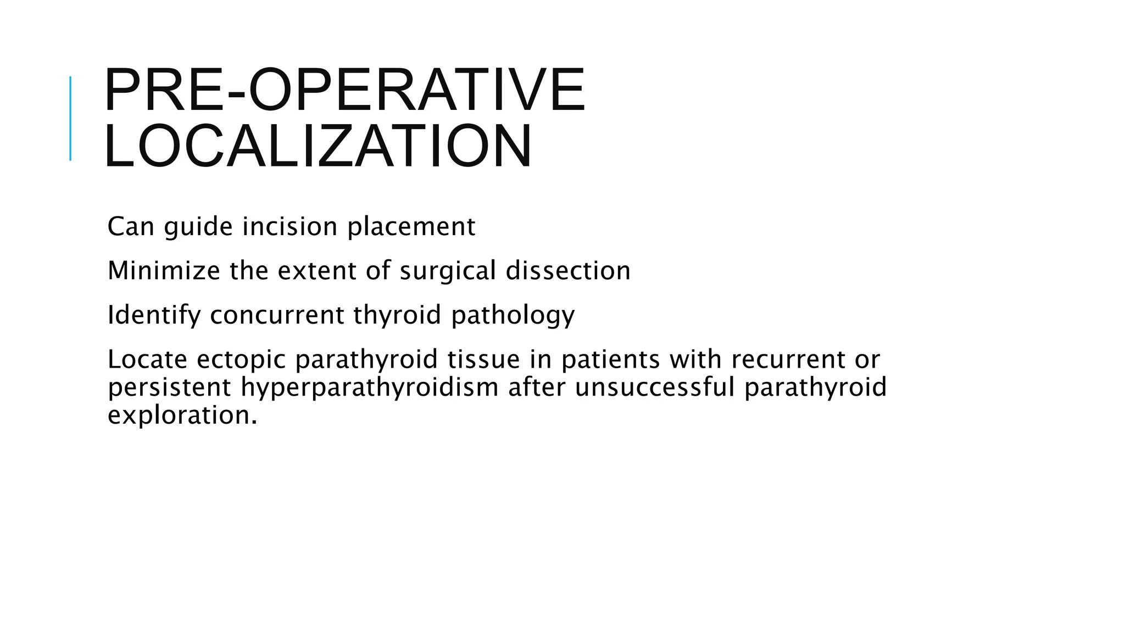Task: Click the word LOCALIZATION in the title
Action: click(318, 146)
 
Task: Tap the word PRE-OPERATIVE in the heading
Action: click(344, 90)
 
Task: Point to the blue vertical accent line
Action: click(70, 118)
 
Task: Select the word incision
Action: click(289, 226)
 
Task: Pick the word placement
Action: click(411, 226)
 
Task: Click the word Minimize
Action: click(164, 270)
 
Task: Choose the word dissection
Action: click(568, 270)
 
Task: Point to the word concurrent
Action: click(277, 315)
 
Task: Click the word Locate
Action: click(147, 359)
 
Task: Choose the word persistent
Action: click(169, 387)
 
